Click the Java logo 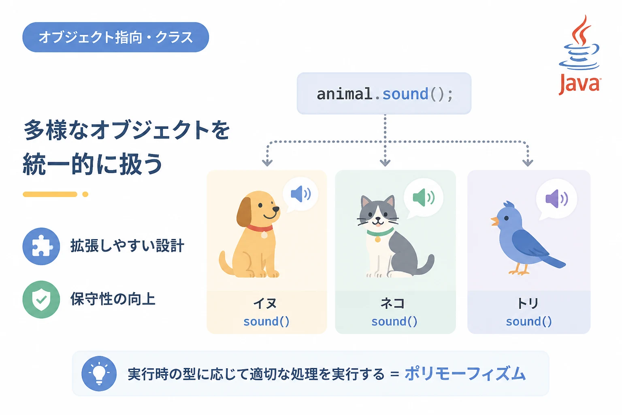click(580, 55)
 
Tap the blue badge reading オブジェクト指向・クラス click(115, 37)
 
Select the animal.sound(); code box click(384, 93)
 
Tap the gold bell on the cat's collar click(378, 239)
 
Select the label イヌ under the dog click(265, 303)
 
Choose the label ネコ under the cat click(392, 303)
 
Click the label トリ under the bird click(528, 303)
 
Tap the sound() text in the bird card click(529, 322)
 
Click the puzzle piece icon click(41, 246)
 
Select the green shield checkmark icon click(41, 299)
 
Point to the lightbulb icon click(99, 374)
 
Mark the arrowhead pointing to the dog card click(267, 163)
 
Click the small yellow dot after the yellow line click(85, 194)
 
